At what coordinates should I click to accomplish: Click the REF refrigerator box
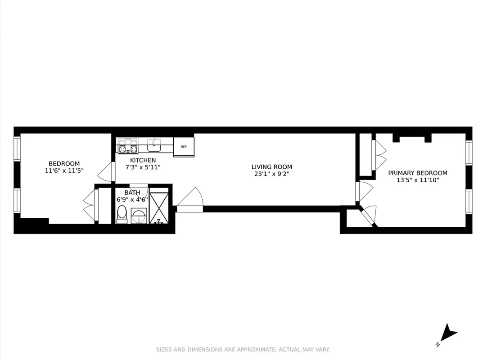point(184,147)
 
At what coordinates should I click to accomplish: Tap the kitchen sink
point(154,145)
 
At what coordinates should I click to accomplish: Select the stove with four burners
point(128,145)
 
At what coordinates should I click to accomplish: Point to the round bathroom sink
point(139,216)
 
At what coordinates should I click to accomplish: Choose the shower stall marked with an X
point(159,208)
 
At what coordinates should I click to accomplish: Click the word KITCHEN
point(143,160)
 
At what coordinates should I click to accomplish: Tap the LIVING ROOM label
point(271,167)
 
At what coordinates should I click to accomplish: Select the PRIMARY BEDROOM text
point(418,173)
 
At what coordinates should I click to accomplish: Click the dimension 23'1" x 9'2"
point(271,174)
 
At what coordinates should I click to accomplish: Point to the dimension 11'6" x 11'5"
point(64,171)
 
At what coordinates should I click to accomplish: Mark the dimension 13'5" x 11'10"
point(418,180)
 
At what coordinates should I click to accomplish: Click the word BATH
point(132,193)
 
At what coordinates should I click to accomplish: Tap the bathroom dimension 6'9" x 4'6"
point(132,199)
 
